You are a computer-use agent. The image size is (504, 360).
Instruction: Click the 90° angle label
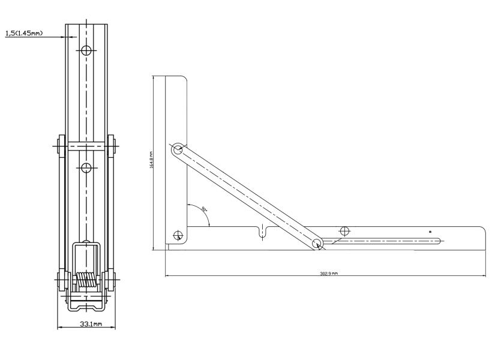coord(205,209)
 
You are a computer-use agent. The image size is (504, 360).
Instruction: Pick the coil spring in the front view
coord(86,280)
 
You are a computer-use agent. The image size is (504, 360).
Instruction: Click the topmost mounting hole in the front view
coord(86,51)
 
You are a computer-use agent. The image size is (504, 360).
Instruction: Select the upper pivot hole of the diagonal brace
coord(178,149)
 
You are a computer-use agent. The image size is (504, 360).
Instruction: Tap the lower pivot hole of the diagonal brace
coord(317,243)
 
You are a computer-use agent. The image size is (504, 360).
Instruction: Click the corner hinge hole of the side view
coord(177,235)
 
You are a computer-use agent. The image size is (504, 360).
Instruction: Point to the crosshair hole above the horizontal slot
coord(344,231)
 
